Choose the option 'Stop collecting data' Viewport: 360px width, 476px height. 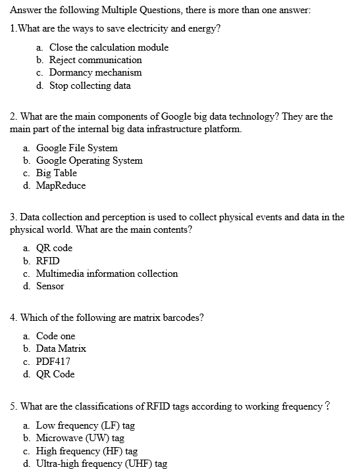pyautogui.click(x=90, y=85)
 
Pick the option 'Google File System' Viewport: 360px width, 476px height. pyautogui.click(x=77, y=148)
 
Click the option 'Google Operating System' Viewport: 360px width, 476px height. pyautogui.click(x=89, y=160)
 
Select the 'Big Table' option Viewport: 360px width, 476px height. pyautogui.click(x=57, y=173)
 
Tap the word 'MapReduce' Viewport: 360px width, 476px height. pyautogui.click(x=61, y=185)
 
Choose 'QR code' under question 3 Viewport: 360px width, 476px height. pyautogui.click(x=54, y=248)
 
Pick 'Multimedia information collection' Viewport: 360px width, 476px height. pyautogui.click(x=107, y=274)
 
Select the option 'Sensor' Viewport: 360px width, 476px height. pyautogui.click(x=50, y=286)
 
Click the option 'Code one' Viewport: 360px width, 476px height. pyautogui.click(x=56, y=336)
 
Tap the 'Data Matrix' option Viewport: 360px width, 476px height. pyautogui.click(x=61, y=348)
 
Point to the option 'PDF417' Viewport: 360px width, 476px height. pyautogui.click(x=53, y=362)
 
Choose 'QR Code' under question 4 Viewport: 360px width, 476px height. pyautogui.click(x=55, y=374)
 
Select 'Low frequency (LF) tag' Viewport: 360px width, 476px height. pyautogui.click(x=86, y=425)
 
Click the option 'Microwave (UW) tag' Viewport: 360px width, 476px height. pyautogui.click(x=80, y=438)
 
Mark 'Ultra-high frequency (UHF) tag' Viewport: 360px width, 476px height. pyautogui.click(x=101, y=464)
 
